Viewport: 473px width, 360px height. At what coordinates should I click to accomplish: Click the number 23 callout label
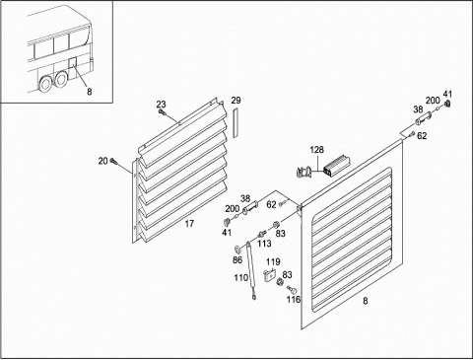click(x=161, y=105)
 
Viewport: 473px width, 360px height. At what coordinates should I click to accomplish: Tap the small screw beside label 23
click(x=162, y=112)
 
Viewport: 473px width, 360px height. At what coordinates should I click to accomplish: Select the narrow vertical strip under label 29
click(x=236, y=122)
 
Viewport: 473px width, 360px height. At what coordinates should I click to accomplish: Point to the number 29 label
click(x=236, y=101)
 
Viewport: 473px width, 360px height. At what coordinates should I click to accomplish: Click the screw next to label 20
click(x=114, y=161)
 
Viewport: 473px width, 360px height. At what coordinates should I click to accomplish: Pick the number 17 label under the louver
click(x=189, y=224)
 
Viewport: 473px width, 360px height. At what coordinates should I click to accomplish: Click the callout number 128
click(x=316, y=150)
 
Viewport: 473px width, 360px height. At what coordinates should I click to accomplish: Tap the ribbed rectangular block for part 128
click(x=337, y=167)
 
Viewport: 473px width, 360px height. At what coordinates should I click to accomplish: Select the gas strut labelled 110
click(x=251, y=269)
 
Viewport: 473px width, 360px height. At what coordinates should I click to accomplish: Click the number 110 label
click(x=240, y=278)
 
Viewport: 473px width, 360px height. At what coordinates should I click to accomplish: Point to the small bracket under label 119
click(x=269, y=274)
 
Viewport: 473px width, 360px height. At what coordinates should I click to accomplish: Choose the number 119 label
click(x=273, y=261)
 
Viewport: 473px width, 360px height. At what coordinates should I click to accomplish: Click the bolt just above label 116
click(x=292, y=290)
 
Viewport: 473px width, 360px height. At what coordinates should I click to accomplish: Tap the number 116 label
click(x=294, y=300)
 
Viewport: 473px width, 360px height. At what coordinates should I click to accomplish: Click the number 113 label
click(x=264, y=244)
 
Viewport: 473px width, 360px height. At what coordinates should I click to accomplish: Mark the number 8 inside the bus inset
click(x=90, y=92)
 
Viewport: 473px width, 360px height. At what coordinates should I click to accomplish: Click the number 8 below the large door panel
click(x=366, y=301)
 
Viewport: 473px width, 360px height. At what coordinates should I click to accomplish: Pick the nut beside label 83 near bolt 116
click(x=280, y=282)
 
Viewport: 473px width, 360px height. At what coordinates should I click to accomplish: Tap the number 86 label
click(x=237, y=260)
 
